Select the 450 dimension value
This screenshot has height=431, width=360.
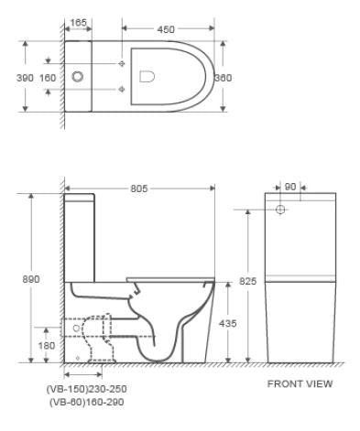[167, 30]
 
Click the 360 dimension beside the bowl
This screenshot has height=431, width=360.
[223, 77]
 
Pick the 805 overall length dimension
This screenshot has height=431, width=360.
[139, 189]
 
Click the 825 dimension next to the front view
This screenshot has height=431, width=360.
[246, 282]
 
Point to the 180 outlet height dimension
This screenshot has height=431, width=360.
[46, 345]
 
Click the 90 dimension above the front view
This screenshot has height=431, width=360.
[289, 187]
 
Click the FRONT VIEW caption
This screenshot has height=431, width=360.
[300, 383]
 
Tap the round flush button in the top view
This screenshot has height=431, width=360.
[78, 77]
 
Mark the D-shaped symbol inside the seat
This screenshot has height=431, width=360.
[147, 77]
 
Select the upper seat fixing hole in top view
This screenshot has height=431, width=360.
[122, 64]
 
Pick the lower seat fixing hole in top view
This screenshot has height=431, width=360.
[122, 90]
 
